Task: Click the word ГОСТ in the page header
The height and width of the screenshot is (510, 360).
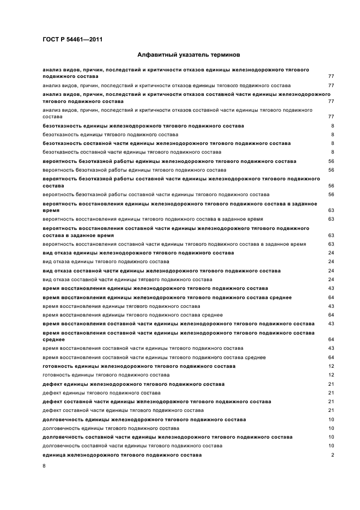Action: pyautogui.click(x=51, y=39)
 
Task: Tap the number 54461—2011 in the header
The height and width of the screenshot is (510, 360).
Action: pyautogui.click(x=82, y=39)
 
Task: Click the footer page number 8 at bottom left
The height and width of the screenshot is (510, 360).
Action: pyautogui.click(x=44, y=466)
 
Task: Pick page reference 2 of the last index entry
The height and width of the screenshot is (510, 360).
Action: pyautogui.click(x=332, y=455)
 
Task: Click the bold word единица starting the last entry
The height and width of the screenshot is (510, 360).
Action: pyautogui.click(x=54, y=455)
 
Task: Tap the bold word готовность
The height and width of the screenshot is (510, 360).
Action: pyautogui.click(x=57, y=366)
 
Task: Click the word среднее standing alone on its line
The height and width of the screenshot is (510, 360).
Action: pyautogui.click(x=53, y=339)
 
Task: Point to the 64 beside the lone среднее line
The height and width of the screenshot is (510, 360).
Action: pyautogui.click(x=331, y=339)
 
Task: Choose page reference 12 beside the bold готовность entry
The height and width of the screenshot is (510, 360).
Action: pyautogui.click(x=331, y=366)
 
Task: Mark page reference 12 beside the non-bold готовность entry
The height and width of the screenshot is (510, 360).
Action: pyautogui.click(x=331, y=375)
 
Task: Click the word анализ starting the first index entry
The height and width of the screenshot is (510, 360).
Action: pyautogui.click(x=52, y=70)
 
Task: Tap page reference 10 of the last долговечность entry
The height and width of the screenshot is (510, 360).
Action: pyautogui.click(x=331, y=446)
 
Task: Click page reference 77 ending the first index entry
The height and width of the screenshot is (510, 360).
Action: pyautogui.click(x=331, y=77)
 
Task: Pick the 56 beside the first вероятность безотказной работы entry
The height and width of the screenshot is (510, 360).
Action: pyautogui.click(x=331, y=161)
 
